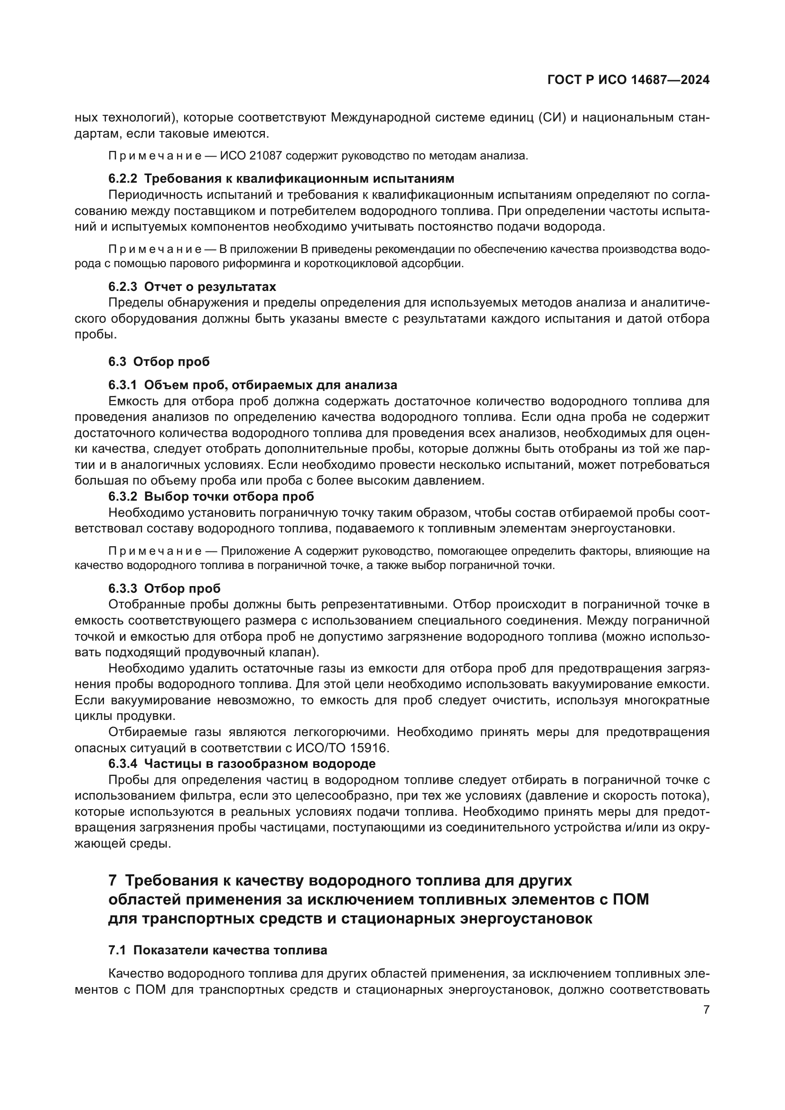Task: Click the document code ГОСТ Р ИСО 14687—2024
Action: point(628,80)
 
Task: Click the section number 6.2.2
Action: point(123,178)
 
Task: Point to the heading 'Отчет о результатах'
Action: point(210,287)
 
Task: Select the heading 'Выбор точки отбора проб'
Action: point(229,496)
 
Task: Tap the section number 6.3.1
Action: point(123,385)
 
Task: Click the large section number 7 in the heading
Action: point(112,880)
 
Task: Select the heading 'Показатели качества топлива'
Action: point(230,950)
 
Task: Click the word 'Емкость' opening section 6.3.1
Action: point(129,401)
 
